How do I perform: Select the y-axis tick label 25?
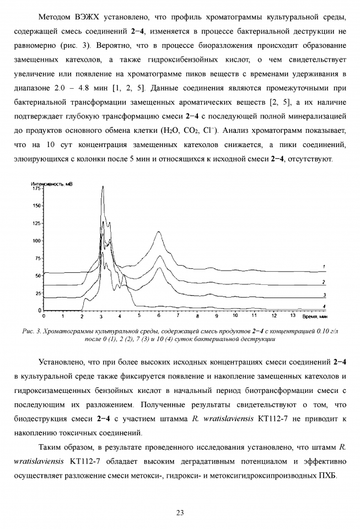click(x=37, y=293)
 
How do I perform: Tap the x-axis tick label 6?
click(x=159, y=316)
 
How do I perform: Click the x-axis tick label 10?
click(x=235, y=316)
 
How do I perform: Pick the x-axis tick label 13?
click(x=292, y=316)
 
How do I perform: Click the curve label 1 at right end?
click(x=324, y=267)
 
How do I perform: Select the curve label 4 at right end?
click(x=324, y=305)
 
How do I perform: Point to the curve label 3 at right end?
click(x=324, y=295)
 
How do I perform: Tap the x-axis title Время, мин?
click(x=316, y=317)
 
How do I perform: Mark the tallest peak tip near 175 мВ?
click(x=103, y=187)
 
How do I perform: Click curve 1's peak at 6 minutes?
click(x=159, y=232)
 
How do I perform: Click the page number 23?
click(x=180, y=513)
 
